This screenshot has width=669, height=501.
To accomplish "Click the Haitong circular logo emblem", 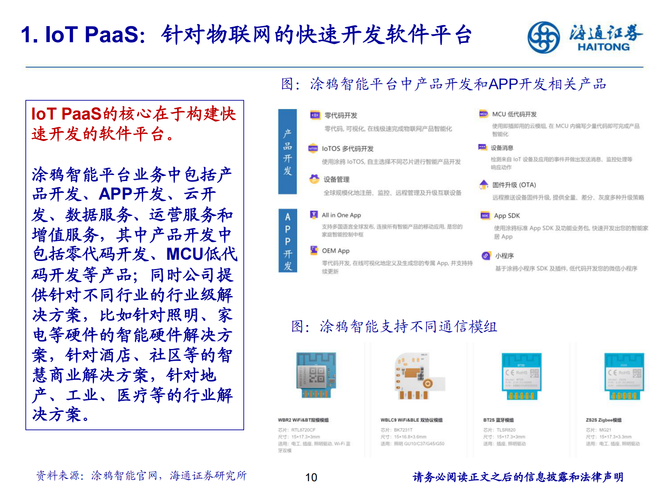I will tap(544, 37).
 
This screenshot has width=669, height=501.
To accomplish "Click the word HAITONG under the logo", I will tap(603, 47).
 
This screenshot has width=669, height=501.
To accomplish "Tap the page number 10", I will tap(311, 477).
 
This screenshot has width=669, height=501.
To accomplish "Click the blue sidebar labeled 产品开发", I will tap(287, 152).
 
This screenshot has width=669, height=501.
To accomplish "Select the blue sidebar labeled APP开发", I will tap(287, 241).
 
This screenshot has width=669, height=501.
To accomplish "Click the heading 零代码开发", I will tap(341, 115).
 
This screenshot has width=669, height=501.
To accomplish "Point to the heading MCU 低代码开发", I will tap(514, 114).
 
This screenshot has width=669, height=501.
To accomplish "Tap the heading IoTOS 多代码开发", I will tap(347, 149).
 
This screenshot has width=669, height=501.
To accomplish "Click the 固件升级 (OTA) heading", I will tap(514, 185).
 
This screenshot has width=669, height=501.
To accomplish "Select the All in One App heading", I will tap(341, 215).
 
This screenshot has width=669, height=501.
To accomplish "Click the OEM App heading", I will tap(336, 251).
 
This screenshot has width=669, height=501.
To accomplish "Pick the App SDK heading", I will tap(507, 216).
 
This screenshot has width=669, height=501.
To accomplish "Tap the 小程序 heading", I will tap(504, 256).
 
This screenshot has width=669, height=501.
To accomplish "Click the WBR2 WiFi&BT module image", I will tap(316, 375).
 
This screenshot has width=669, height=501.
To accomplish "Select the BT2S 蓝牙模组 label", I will tap(498, 420).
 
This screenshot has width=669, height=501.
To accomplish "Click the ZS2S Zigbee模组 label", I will tap(603, 420).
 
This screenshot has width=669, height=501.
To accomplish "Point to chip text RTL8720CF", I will tap(303, 430).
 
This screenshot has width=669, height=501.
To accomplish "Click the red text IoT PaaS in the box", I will tap(66, 114).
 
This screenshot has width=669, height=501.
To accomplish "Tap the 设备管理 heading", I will tap(336, 180).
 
